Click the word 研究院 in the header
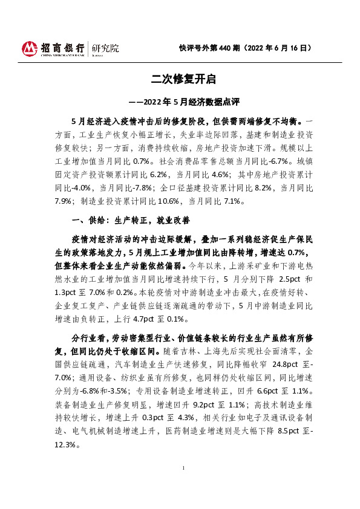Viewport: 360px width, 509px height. point(105,48)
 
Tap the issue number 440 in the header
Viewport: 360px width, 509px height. point(226,48)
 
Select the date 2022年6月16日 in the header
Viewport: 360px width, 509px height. point(281,48)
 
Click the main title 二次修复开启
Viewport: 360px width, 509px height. point(180,79)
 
